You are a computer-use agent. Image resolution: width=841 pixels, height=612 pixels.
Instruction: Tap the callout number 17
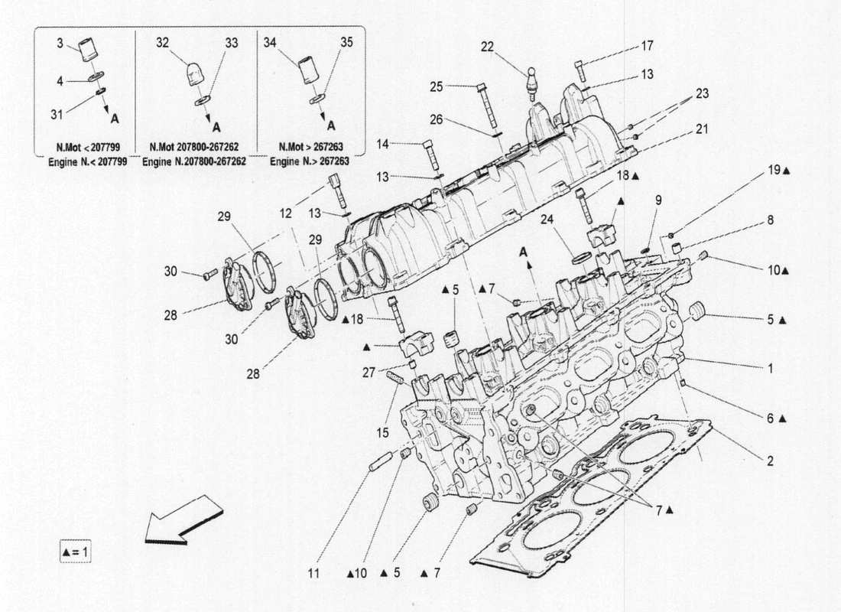[x=647, y=46]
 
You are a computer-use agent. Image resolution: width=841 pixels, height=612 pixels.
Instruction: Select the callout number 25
[x=437, y=86]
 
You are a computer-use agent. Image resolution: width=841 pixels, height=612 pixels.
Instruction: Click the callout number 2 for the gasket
[x=770, y=461]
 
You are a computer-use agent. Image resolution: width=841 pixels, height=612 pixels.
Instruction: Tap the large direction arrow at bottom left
[x=184, y=520]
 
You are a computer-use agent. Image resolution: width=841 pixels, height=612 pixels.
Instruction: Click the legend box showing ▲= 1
[x=75, y=550]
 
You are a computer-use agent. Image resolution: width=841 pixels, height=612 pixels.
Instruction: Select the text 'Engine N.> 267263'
[x=310, y=162]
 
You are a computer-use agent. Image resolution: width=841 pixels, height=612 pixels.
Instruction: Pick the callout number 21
[x=701, y=130]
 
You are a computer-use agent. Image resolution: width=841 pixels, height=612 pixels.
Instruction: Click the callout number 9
[x=658, y=200]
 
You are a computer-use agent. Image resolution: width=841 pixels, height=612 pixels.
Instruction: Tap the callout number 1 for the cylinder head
[x=770, y=368]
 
